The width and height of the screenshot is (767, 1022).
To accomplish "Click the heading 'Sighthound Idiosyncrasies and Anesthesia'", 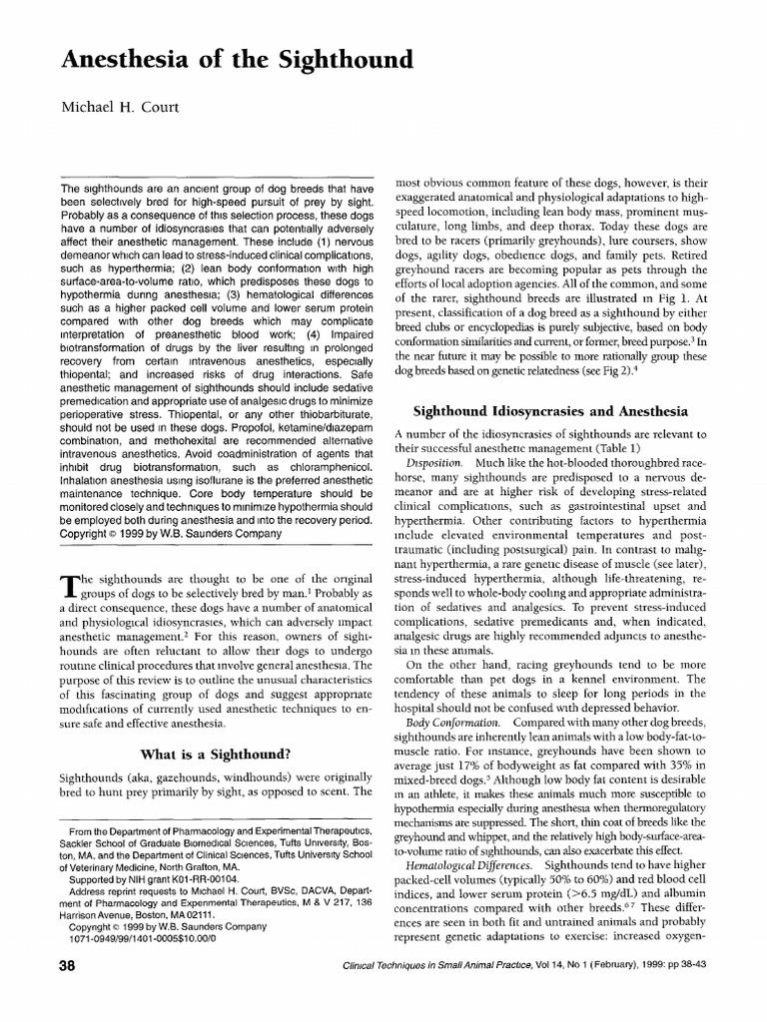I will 550,409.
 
